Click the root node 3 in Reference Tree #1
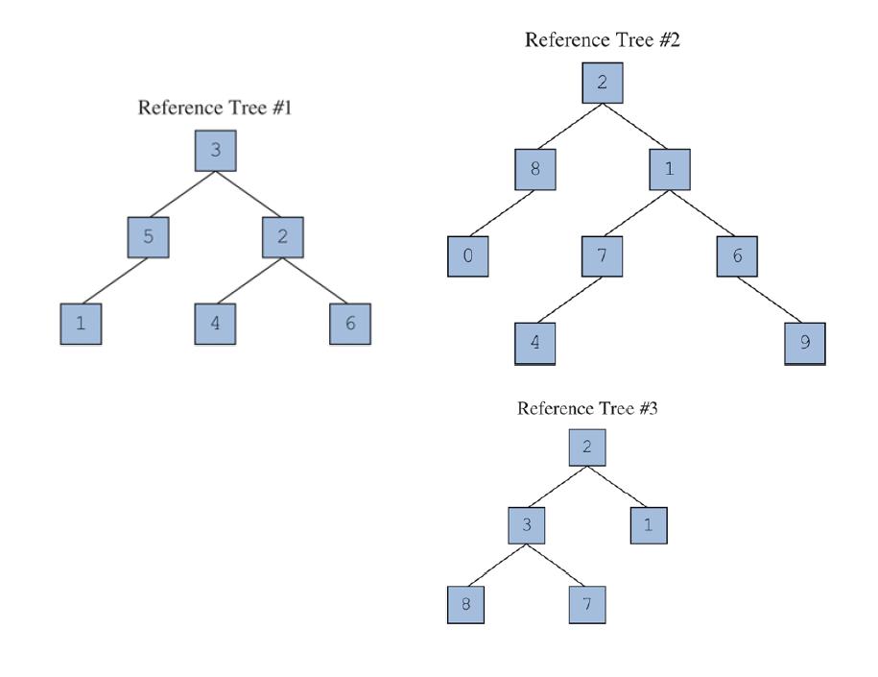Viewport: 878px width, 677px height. click(x=215, y=151)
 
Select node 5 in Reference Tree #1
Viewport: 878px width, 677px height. click(x=148, y=236)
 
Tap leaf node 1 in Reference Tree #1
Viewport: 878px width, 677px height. click(x=81, y=323)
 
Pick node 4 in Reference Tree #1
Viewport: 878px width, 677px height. click(x=215, y=323)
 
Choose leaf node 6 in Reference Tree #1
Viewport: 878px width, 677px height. click(x=350, y=323)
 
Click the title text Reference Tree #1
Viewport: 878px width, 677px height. click(x=215, y=108)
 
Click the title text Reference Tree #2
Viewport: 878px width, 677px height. click(x=603, y=39)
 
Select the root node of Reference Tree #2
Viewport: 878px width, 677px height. click(x=603, y=83)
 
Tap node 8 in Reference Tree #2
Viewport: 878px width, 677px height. click(x=535, y=169)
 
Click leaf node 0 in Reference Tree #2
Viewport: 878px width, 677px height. click(x=468, y=255)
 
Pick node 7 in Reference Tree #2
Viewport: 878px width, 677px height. click(x=603, y=255)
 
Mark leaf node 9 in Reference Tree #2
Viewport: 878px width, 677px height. click(x=804, y=343)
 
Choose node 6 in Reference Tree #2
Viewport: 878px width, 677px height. click(x=737, y=255)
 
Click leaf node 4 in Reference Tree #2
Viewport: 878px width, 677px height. click(x=535, y=343)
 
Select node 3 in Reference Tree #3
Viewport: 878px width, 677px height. click(x=528, y=525)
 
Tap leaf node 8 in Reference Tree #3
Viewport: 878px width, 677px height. click(x=466, y=605)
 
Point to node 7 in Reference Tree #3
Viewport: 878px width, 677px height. click(x=588, y=605)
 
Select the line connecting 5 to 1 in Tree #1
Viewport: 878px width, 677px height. click(x=114, y=279)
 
